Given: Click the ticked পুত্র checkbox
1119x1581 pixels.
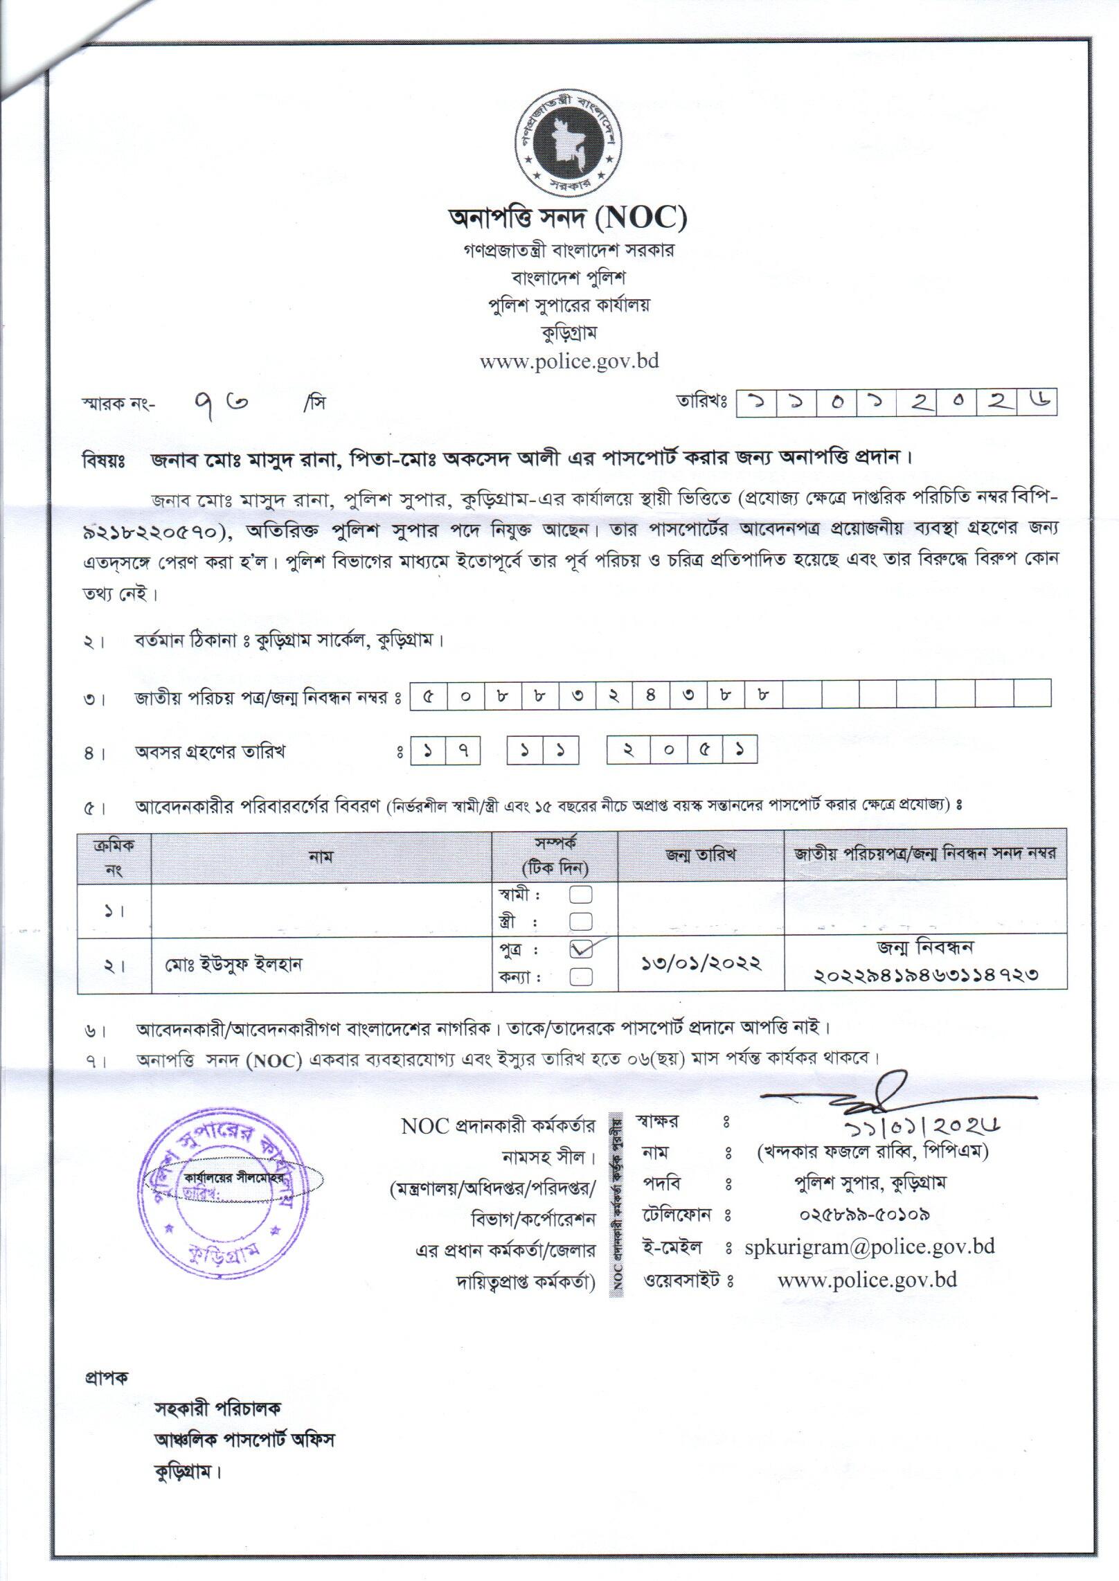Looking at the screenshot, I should pyautogui.click(x=582, y=950).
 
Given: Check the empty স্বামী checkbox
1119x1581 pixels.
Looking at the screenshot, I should pyautogui.click(x=581, y=895).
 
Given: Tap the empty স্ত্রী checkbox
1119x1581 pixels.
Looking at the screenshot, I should pyautogui.click(x=581, y=922).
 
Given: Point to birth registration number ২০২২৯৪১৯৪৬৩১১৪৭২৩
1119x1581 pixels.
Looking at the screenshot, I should pyautogui.click(x=926, y=976).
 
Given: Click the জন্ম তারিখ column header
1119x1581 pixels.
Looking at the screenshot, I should pyautogui.click(x=700, y=855).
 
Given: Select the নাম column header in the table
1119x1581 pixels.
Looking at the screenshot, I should pyautogui.click(x=322, y=856).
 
